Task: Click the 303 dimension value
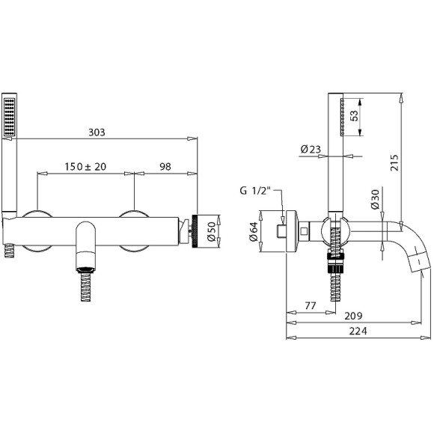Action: click(x=97, y=132)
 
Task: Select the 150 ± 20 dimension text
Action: click(x=85, y=167)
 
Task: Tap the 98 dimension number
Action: click(x=165, y=167)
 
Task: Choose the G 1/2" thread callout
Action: click(x=254, y=191)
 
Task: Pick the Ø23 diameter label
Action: click(x=311, y=150)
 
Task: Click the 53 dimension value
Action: click(x=354, y=115)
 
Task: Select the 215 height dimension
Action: click(x=394, y=162)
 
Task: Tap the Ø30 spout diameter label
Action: click(x=375, y=199)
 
